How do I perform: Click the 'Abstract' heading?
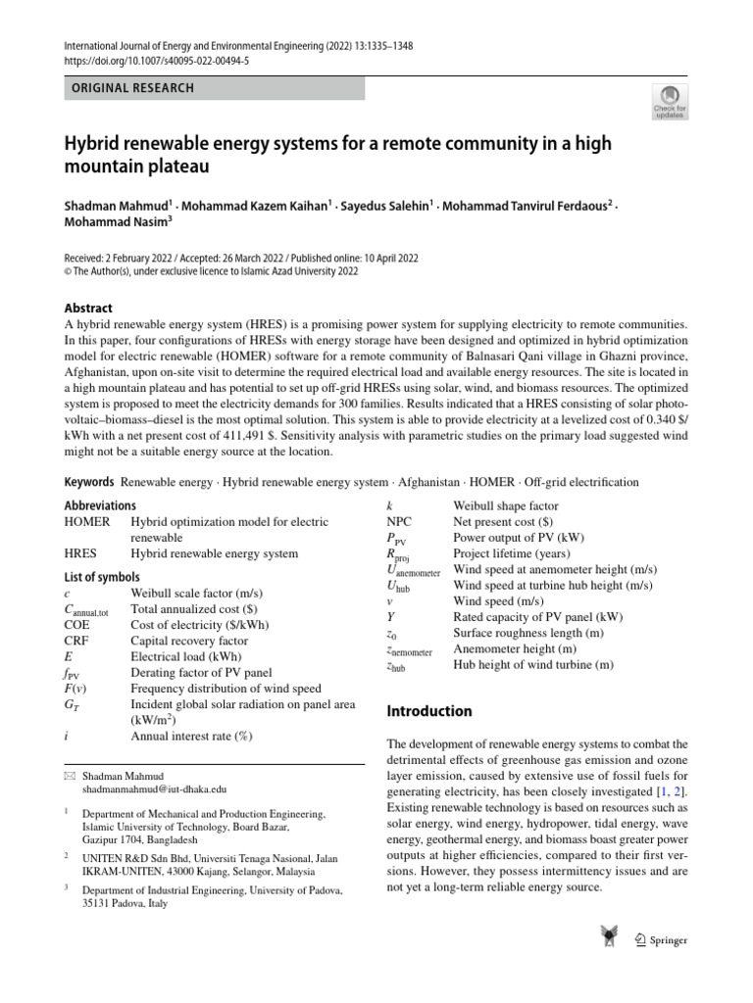(88, 307)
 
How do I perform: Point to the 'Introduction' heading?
(428, 711)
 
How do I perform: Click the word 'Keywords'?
(89, 482)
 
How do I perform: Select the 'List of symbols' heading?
(102, 577)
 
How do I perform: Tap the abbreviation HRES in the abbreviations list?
(80, 553)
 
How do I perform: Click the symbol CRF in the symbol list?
(77, 640)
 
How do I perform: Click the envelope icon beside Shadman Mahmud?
(70, 774)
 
